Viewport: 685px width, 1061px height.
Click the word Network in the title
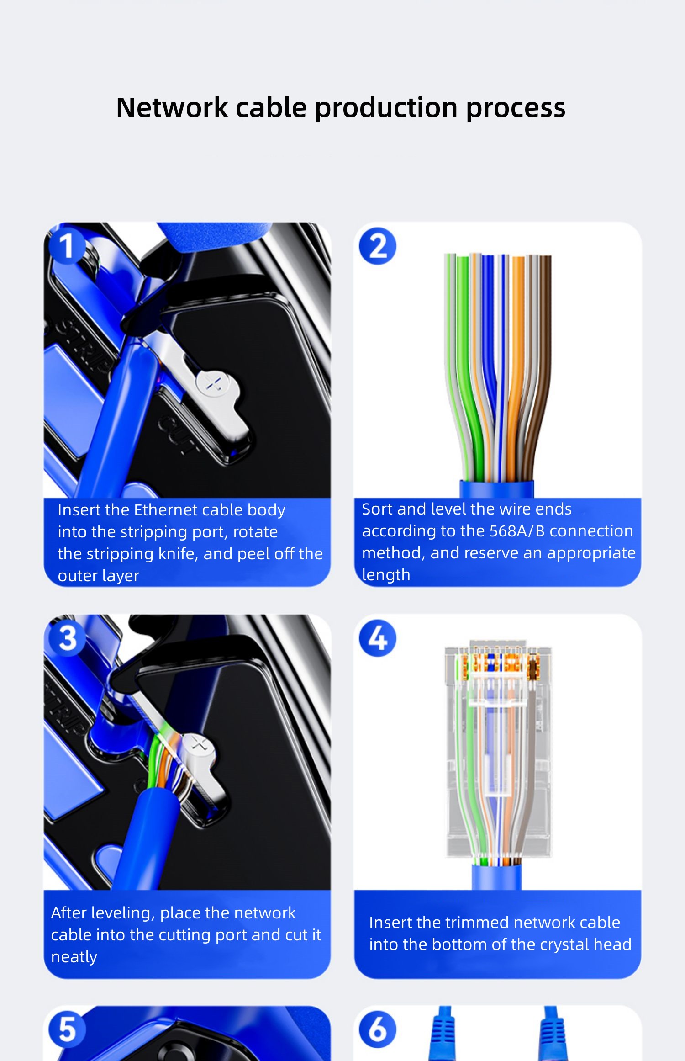point(172,108)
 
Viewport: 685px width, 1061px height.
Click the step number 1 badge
point(66,246)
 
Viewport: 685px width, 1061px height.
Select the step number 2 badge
point(378,246)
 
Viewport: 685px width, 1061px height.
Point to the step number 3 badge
point(67,638)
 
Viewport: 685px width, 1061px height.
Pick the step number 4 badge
point(378,638)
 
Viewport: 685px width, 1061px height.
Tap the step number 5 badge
point(67,1029)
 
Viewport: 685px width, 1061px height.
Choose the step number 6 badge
point(378,1029)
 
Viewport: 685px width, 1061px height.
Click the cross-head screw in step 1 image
point(214,385)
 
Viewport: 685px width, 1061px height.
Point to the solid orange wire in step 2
point(516,366)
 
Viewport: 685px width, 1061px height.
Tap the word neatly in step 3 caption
point(74,957)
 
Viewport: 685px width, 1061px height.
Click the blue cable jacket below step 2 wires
point(496,489)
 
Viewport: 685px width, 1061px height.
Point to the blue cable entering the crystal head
point(496,877)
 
